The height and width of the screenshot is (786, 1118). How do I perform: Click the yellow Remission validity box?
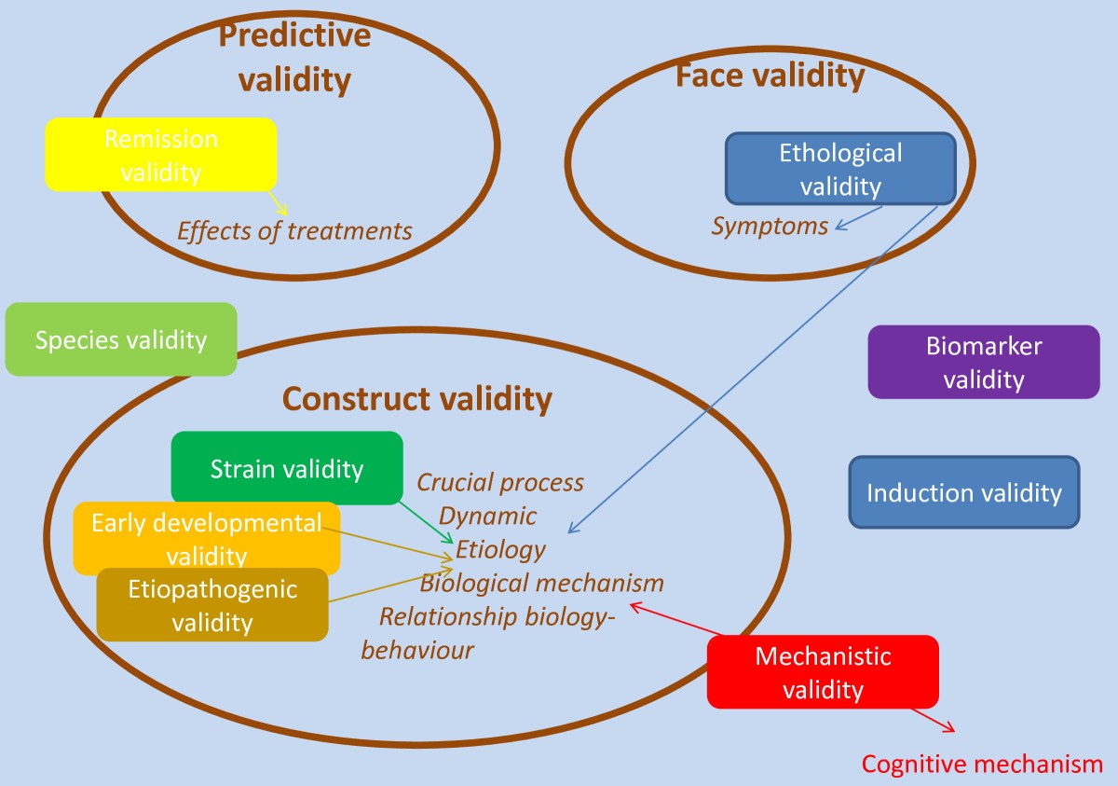pyautogui.click(x=161, y=154)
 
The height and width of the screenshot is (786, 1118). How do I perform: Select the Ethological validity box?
pyautogui.click(x=840, y=169)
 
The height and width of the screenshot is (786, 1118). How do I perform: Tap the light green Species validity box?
pyautogui.click(x=121, y=339)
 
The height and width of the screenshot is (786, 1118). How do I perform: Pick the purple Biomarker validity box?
pyautogui.click(x=984, y=362)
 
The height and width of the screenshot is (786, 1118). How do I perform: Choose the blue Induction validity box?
pyautogui.click(x=964, y=492)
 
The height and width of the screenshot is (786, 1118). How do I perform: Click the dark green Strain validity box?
pyautogui.click(x=287, y=467)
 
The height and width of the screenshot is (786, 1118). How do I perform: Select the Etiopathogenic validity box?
pyautogui.click(x=212, y=605)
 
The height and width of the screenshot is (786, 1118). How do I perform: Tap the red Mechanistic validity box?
pyautogui.click(x=823, y=672)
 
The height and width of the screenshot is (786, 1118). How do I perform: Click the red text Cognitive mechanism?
pyautogui.click(x=982, y=765)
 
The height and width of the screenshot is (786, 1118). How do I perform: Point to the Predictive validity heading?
pyautogui.click(x=294, y=58)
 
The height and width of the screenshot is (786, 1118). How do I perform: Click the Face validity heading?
pyautogui.click(x=770, y=76)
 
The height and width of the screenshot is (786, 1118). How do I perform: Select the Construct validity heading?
pyautogui.click(x=417, y=399)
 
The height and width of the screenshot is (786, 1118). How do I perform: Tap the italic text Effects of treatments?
pyautogui.click(x=294, y=230)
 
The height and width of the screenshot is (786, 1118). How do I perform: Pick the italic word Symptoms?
pyautogui.click(x=770, y=226)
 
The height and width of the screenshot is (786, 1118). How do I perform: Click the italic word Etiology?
pyautogui.click(x=500, y=549)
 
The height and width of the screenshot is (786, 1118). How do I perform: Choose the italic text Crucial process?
pyautogui.click(x=500, y=482)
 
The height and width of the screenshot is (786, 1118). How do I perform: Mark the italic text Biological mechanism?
pyautogui.click(x=541, y=584)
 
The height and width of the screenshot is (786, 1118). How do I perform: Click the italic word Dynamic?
pyautogui.click(x=488, y=516)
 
